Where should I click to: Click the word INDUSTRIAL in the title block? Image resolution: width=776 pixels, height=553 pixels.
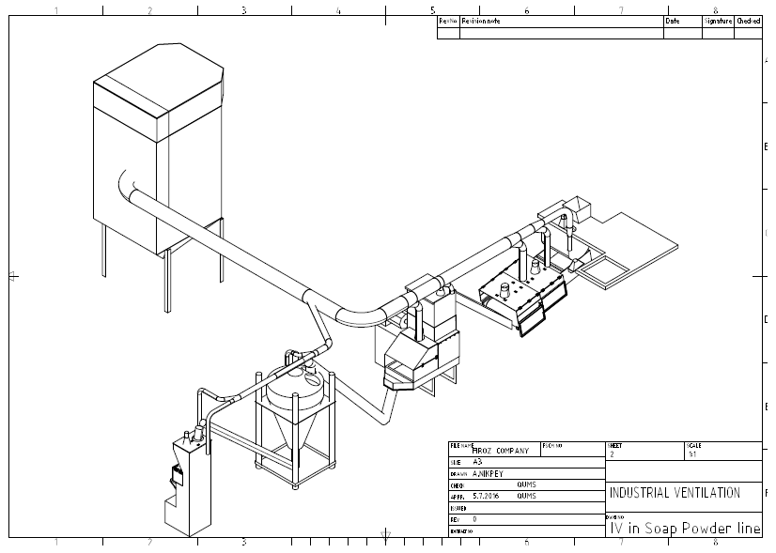640,493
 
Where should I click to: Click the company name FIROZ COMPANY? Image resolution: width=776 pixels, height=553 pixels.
499,451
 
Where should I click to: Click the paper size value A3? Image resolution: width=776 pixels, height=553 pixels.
477,463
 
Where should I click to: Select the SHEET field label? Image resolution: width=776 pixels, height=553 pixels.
615,445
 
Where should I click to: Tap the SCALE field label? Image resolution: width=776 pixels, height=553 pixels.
693,445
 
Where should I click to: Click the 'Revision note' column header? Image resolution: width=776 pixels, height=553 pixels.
481,21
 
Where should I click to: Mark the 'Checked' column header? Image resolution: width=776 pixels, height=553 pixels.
749,21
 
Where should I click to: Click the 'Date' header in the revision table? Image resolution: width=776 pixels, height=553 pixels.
672,21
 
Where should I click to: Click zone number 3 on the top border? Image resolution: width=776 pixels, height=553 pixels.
243,10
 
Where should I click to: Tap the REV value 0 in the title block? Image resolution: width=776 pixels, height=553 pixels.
474,518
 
